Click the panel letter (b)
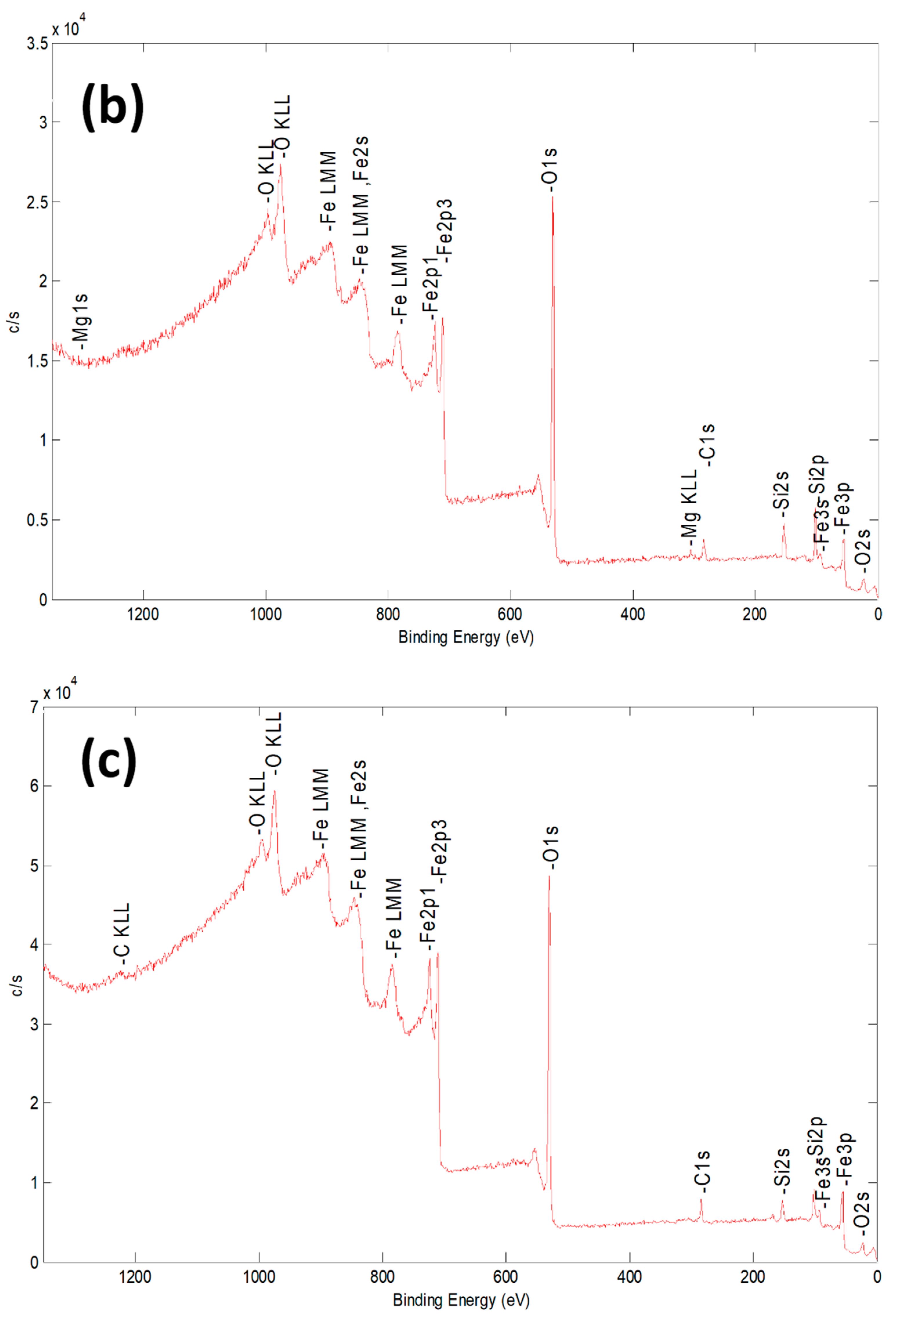click(112, 107)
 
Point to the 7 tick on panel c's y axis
click(34, 707)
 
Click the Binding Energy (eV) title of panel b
click(466, 637)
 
